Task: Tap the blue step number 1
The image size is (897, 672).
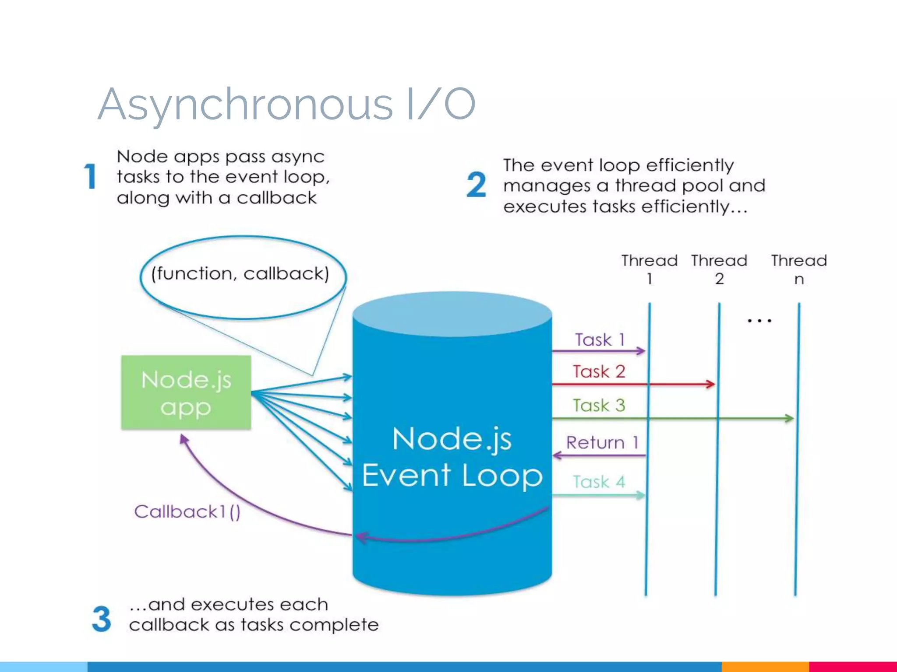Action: pos(90,176)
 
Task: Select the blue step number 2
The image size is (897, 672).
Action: pos(477,185)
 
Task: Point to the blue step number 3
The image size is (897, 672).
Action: pos(102,619)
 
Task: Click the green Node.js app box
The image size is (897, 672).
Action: pos(186,392)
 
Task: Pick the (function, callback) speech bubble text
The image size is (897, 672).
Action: pos(240,274)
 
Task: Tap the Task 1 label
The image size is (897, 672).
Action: pos(600,340)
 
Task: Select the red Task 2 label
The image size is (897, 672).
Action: pos(599,372)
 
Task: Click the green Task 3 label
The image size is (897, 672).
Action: pos(599,406)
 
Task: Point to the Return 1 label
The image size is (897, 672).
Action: pos(602,443)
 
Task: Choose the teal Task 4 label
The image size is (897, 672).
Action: pos(599,482)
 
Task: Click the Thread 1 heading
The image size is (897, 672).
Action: pos(649,269)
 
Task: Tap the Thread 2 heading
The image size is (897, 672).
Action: pos(719,269)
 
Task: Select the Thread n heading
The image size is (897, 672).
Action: pos(799,269)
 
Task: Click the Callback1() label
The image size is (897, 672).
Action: pos(187,511)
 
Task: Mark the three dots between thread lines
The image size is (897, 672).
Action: pos(759,321)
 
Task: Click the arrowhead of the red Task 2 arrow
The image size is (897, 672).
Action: pos(711,385)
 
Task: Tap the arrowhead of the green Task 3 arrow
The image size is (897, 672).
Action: pos(790,419)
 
